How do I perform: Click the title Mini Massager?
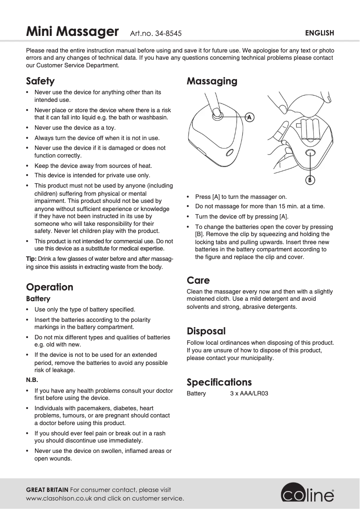point(72,32)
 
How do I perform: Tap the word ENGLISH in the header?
point(320,33)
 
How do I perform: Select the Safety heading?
point(40,81)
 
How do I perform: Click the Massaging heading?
point(212,81)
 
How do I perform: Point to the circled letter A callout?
point(249,117)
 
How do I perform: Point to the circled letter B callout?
point(310,180)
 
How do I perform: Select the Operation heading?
point(49,287)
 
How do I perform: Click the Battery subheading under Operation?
point(38,299)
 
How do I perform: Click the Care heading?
point(198,281)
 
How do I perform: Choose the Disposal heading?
point(206,331)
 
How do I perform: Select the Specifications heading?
point(219,382)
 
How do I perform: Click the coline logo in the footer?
point(308,494)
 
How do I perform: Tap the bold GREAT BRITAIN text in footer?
point(47,490)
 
